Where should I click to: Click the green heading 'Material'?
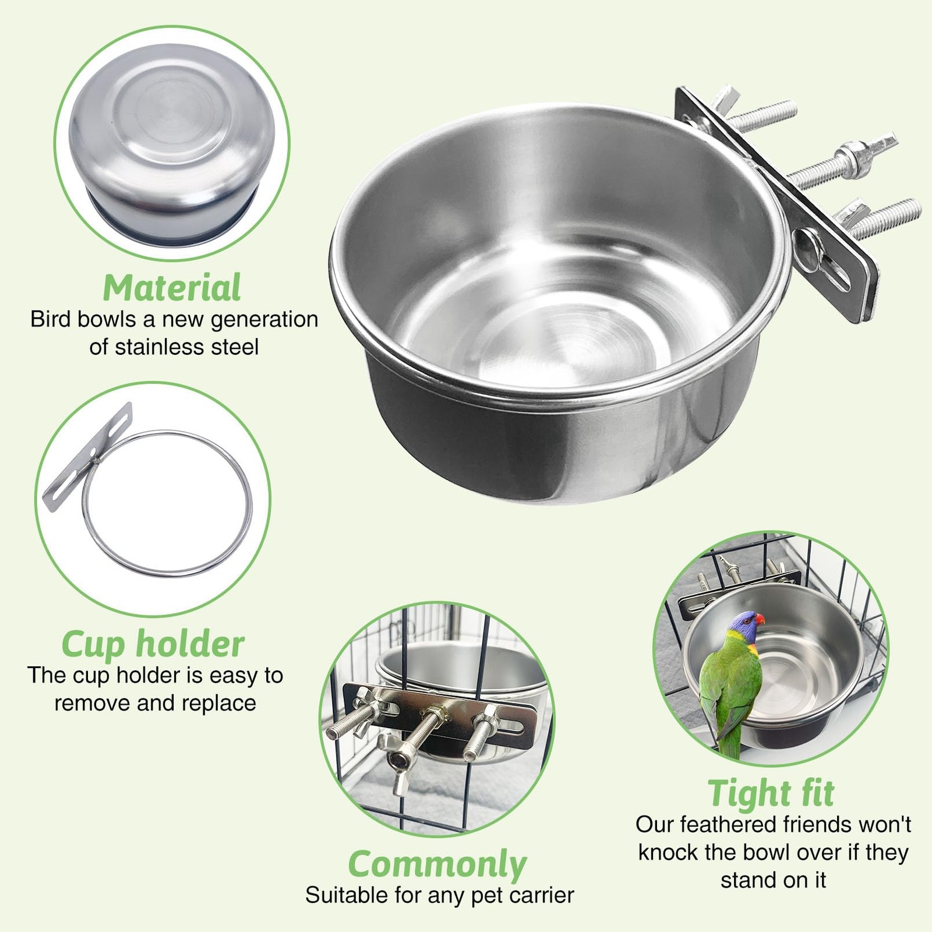172,287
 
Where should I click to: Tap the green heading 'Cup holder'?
153,644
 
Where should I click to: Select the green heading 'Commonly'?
437,864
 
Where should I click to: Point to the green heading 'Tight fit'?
771,793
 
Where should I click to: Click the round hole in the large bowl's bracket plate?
807,241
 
